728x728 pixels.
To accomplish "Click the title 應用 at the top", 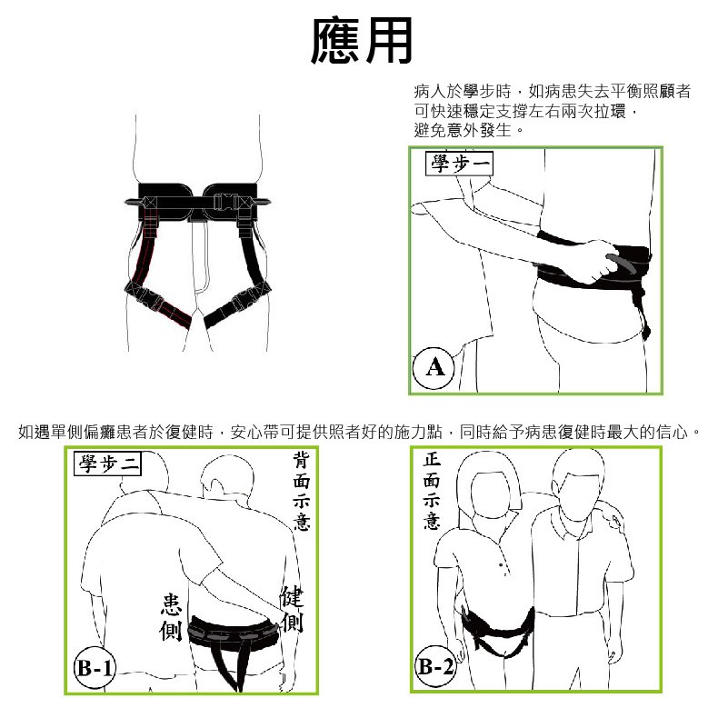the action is (362, 41).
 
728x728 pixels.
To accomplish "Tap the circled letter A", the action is (434, 368).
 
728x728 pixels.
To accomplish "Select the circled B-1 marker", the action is (95, 668).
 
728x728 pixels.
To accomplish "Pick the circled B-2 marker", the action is (435, 667).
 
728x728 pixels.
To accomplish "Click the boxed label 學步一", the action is (459, 164).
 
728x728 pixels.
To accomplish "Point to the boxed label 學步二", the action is (107, 464).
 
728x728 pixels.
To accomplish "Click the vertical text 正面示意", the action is (432, 491).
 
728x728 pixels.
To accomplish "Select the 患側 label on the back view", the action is (170, 616).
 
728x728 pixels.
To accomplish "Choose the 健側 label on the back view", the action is (292, 609).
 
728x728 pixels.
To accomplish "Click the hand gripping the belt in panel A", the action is (600, 261).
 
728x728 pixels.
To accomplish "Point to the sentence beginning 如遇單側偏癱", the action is (359, 432).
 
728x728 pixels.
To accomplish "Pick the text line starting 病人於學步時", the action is (552, 92).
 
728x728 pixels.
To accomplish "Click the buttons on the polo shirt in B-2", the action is (503, 569).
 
